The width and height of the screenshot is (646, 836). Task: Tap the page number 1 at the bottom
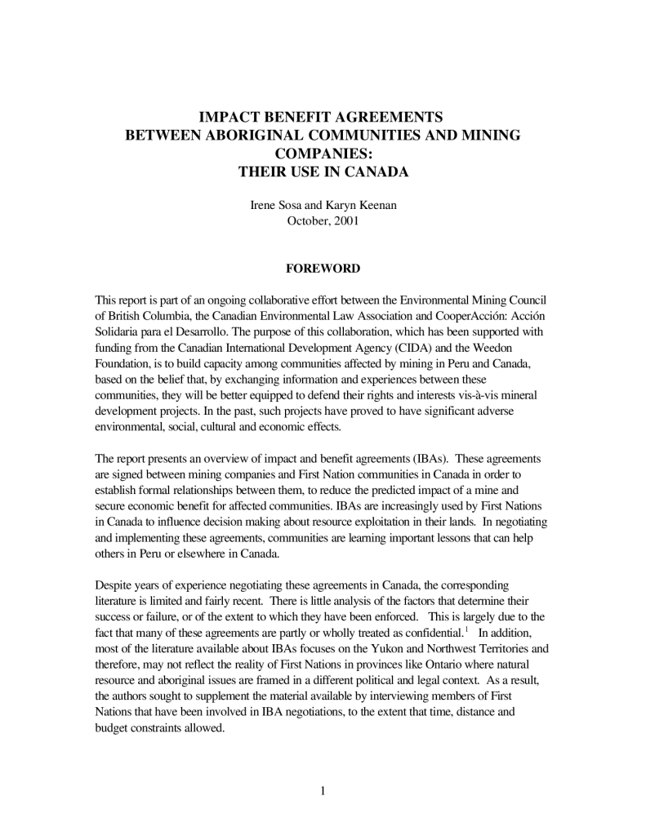pos(323,790)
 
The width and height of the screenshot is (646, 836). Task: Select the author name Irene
pos(263,206)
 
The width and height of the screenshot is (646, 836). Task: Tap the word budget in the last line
pos(115,727)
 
